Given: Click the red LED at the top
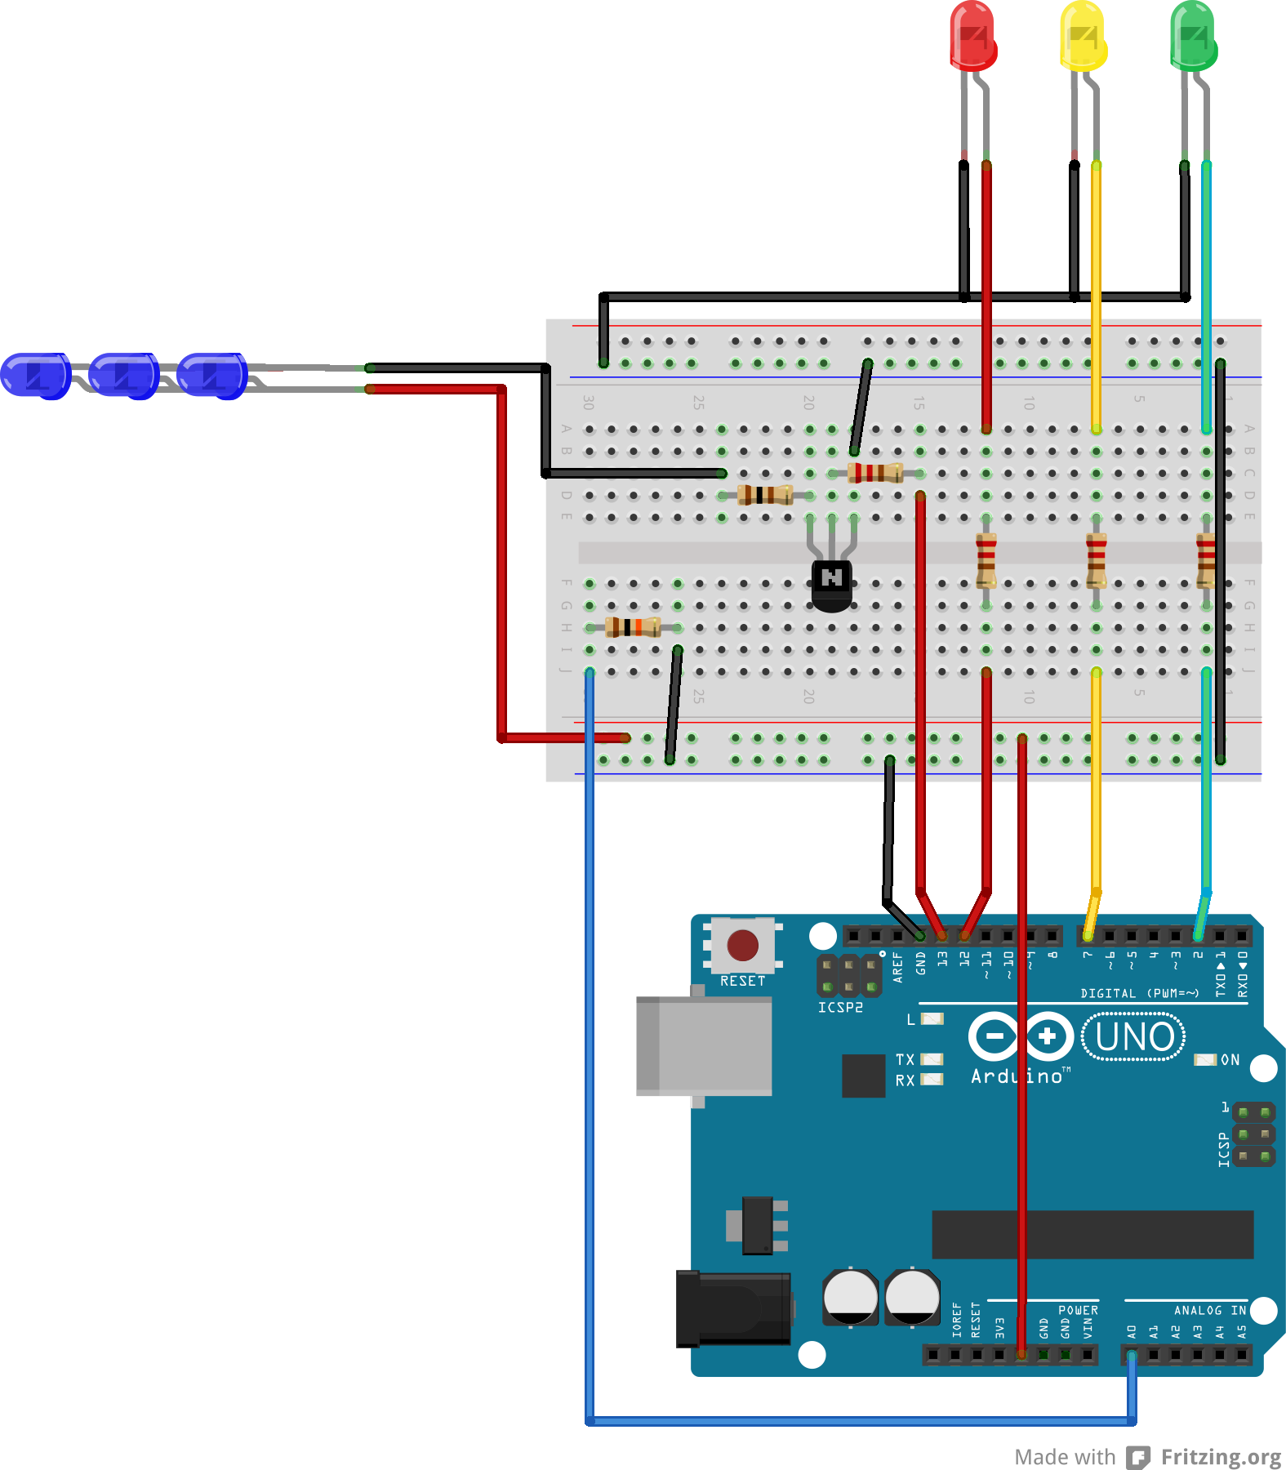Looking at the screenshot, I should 972,37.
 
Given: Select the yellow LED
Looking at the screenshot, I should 1083,37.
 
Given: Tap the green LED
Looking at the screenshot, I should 1193,37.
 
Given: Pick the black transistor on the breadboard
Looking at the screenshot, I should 832,585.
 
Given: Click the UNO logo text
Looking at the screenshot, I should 1133,1037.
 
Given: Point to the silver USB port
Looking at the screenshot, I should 704,1045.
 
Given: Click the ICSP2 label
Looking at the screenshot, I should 840,1008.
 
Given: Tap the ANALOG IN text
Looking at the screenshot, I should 1209,1310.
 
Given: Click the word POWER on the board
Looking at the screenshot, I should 1078,1310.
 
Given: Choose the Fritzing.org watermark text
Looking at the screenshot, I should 1221,1457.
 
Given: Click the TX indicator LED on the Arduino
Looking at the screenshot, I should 932,1059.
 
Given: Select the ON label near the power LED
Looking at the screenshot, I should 1230,1060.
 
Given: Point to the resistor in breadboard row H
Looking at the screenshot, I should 634,627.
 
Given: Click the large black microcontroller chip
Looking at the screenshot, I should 1092,1234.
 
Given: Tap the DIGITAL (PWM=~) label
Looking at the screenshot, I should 1139,993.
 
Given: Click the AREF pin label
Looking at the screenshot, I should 898,966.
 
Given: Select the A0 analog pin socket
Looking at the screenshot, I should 1132,1355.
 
